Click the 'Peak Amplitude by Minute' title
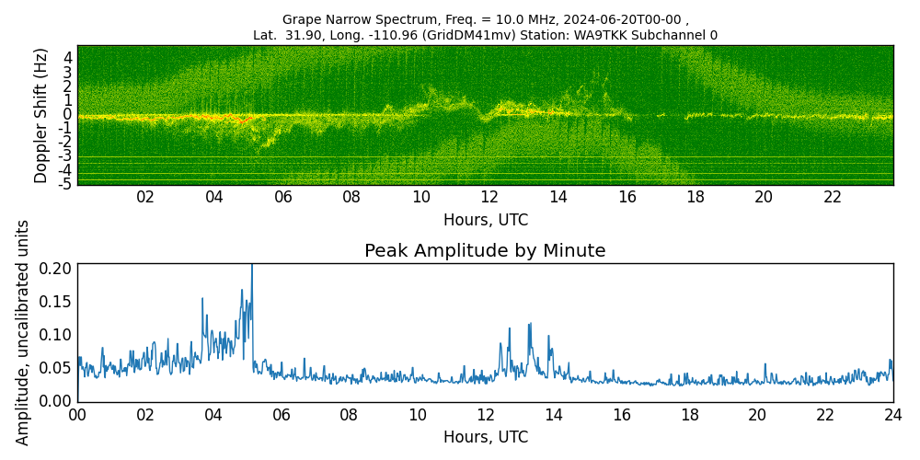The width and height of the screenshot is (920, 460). tap(485, 251)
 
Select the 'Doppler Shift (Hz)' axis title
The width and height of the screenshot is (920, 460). tap(41, 116)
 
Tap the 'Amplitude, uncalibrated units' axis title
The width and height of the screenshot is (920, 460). tap(23, 332)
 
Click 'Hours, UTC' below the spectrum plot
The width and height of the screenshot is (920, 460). tap(485, 220)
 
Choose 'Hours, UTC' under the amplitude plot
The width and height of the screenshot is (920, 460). tap(485, 437)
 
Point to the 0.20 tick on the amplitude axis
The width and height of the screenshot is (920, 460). tap(54, 269)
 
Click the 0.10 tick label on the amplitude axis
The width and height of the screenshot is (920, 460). tap(54, 335)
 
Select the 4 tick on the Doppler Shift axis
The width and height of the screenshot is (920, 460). tap(68, 57)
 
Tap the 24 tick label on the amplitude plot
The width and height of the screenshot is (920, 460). tap(892, 415)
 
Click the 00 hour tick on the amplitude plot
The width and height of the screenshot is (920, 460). tap(77, 415)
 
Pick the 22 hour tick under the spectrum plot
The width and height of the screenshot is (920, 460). tap(833, 198)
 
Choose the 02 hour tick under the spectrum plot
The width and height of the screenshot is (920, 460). tap(145, 198)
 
